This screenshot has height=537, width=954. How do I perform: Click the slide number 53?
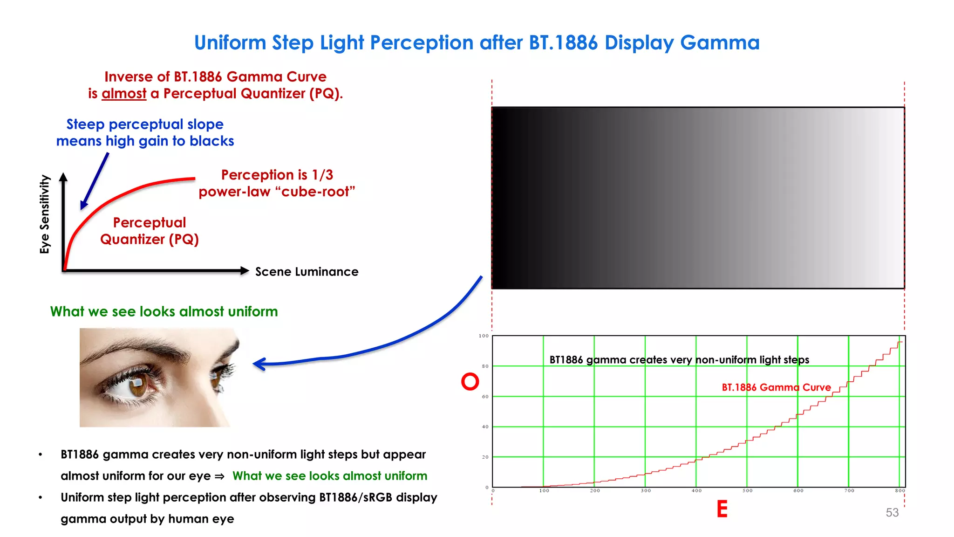pos(892,512)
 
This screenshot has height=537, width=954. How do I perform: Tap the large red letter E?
pos(722,509)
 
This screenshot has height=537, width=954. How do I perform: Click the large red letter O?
pos(470,381)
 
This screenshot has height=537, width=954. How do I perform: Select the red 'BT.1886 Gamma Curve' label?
pos(776,387)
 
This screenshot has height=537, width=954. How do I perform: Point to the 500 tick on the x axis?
pos(747,491)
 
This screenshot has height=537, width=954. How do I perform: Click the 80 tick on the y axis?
pos(485,366)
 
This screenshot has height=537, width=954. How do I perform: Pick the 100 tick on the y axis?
pos(484,336)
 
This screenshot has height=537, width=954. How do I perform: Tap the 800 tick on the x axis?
pos(900,491)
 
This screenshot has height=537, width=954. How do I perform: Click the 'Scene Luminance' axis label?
pos(307,272)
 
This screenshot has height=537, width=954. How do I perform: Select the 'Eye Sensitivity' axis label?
pos(45,214)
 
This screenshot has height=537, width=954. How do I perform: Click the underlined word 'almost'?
pos(124,94)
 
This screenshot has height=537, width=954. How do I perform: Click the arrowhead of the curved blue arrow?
pos(259,364)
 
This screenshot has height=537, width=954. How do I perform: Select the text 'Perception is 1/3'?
pos(277,175)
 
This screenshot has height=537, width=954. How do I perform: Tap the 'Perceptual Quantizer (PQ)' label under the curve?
pos(150,231)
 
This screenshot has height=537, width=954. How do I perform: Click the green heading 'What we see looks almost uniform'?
pos(164,311)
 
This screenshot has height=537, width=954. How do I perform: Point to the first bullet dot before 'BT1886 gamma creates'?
pos(41,454)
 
